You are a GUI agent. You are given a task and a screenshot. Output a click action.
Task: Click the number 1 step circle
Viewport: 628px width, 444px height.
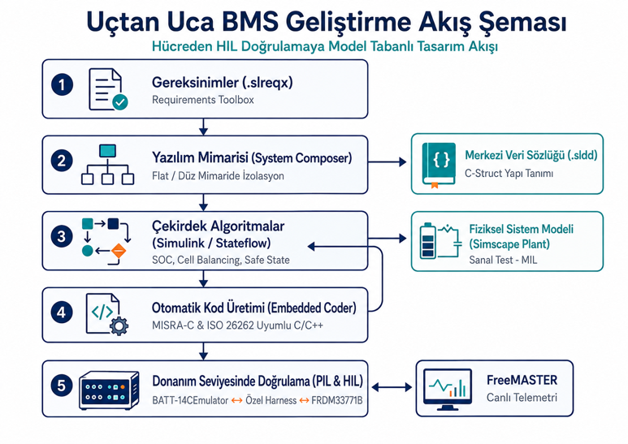click(x=62, y=84)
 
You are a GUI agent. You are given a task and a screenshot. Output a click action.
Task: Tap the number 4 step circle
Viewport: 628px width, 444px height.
click(x=62, y=313)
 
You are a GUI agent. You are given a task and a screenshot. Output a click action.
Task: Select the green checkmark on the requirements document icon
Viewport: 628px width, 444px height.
click(x=119, y=102)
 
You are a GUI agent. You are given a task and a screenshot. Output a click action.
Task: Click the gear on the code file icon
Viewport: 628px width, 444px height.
click(x=119, y=325)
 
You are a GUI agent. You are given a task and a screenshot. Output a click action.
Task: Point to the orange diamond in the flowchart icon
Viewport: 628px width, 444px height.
click(x=119, y=251)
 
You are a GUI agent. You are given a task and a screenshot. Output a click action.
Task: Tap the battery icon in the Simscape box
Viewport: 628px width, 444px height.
click(x=428, y=240)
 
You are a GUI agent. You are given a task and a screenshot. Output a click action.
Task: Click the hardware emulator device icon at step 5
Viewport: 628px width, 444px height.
click(x=109, y=390)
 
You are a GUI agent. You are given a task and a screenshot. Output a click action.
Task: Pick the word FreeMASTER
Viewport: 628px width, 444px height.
click(x=522, y=380)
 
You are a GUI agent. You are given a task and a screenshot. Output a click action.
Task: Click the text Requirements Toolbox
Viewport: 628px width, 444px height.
click(x=202, y=100)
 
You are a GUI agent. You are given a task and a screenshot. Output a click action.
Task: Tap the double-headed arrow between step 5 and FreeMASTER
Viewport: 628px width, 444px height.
click(x=392, y=387)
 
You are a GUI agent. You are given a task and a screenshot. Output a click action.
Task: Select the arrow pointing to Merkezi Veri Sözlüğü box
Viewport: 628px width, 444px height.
click(x=388, y=162)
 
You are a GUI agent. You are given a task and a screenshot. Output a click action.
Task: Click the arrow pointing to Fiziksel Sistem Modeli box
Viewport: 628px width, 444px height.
click(x=388, y=239)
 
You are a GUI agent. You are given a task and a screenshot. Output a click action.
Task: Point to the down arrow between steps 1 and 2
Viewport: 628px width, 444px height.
click(x=203, y=127)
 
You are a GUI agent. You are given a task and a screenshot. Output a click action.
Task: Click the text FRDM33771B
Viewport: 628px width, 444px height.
click(x=337, y=400)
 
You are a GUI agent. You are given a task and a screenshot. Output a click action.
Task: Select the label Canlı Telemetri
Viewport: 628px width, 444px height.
click(x=522, y=398)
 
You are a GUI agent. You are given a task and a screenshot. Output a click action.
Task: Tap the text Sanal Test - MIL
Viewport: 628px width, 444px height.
click(x=503, y=260)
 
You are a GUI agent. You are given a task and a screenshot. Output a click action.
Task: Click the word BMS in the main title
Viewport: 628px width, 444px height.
click(x=250, y=22)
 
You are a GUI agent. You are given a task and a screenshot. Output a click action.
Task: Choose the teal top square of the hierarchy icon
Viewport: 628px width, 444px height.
click(x=107, y=151)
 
